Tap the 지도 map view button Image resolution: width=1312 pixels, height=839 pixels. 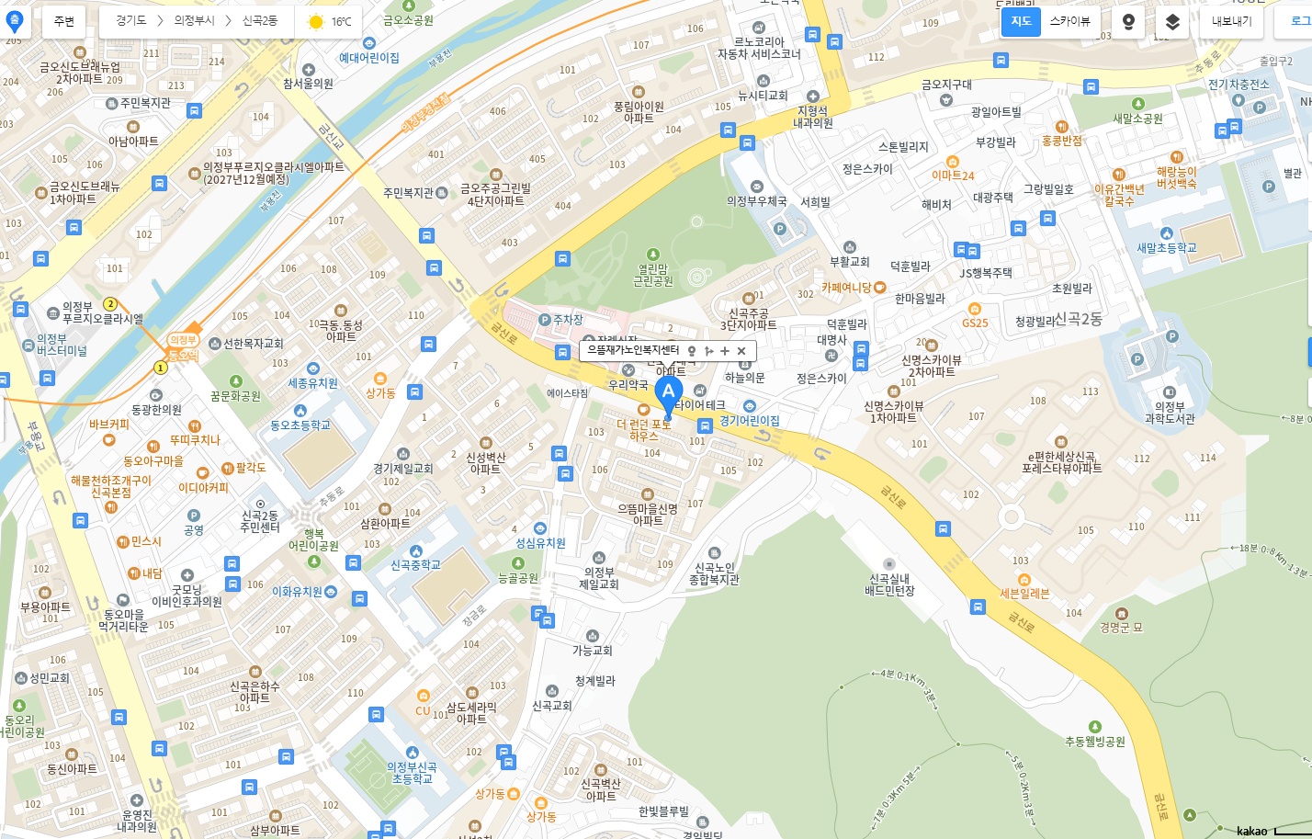1021,21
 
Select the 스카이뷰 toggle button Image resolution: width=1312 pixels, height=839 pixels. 1069,21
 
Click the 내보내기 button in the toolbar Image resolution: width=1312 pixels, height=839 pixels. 1231,21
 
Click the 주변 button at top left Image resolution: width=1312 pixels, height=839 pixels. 64,21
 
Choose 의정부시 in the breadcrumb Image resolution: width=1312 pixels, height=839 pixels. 194,21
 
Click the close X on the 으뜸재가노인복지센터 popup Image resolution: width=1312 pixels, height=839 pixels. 741,351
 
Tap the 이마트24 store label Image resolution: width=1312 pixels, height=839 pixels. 953,176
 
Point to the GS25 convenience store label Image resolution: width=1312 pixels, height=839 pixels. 975,323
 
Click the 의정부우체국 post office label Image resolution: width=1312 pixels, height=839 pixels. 756,200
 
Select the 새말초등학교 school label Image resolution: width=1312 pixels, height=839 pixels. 1166,247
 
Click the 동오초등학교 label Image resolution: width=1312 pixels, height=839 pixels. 300,425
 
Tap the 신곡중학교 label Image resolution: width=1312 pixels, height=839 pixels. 415,565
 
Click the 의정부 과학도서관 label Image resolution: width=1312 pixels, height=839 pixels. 1170,412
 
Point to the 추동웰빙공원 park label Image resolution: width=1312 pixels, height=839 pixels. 1094,741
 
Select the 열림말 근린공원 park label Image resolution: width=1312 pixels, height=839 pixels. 652,275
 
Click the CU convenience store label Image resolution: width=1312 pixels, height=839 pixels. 423,709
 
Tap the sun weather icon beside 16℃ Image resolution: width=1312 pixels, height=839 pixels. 316,22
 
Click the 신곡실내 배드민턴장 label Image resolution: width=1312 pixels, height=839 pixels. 889,584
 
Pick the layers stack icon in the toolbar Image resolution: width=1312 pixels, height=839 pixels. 1172,21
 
